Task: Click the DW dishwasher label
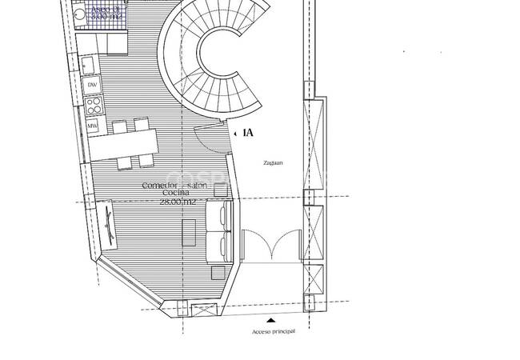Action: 92,84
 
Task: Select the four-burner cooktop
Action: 93,104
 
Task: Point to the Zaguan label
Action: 274,162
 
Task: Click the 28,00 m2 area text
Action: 177,202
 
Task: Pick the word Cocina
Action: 174,194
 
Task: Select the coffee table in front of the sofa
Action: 190,232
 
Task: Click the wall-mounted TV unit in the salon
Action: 109,226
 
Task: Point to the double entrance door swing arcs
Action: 270,244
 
